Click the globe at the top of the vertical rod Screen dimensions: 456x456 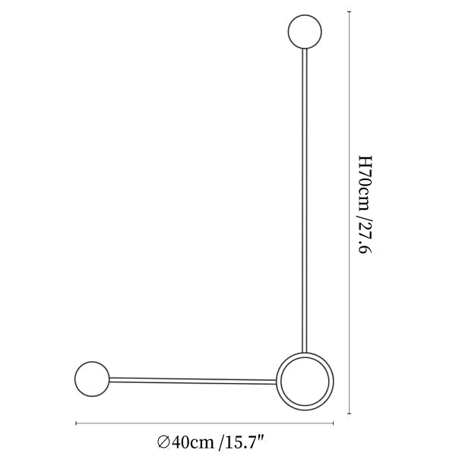pos(305,31)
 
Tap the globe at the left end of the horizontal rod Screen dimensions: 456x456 pos(92,379)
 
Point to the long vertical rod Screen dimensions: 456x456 pos(305,201)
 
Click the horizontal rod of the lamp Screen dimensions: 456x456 pos(192,381)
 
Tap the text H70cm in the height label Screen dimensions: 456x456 pos(365,183)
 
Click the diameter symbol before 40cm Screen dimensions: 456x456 pos(163,442)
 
